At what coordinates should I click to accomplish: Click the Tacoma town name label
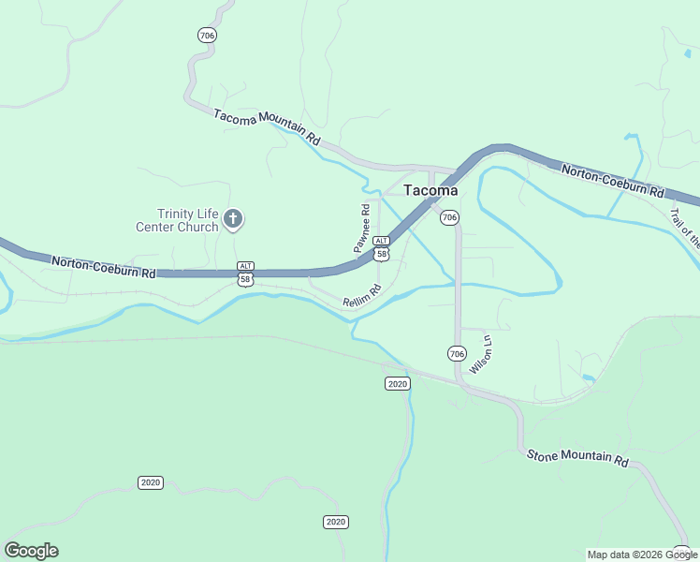coord(430,189)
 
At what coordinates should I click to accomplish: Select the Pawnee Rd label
coord(363,229)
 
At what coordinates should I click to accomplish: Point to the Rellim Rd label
coord(363,297)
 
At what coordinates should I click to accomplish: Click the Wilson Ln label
coord(481,353)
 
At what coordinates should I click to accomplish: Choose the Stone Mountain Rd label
coord(577,458)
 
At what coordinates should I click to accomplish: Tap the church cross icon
coord(233,220)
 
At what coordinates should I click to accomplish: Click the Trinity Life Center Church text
coord(178,220)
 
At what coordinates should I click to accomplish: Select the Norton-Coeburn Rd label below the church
coord(103,267)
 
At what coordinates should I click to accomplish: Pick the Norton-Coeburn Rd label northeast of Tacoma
coord(612,180)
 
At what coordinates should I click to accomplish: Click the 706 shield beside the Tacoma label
coord(449,217)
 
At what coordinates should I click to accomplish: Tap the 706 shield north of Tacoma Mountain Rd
coord(207,35)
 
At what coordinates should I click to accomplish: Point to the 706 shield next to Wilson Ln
coord(457,353)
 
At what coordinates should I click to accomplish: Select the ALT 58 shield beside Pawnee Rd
coord(381,249)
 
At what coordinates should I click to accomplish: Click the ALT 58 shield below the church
coord(245,274)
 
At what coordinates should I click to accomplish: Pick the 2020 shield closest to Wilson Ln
coord(397,384)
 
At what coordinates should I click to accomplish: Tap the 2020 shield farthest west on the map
coord(150,482)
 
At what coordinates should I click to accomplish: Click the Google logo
coord(32,551)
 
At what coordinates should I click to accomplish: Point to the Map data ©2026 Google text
coord(642,555)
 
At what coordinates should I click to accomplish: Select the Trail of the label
coord(684,228)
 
